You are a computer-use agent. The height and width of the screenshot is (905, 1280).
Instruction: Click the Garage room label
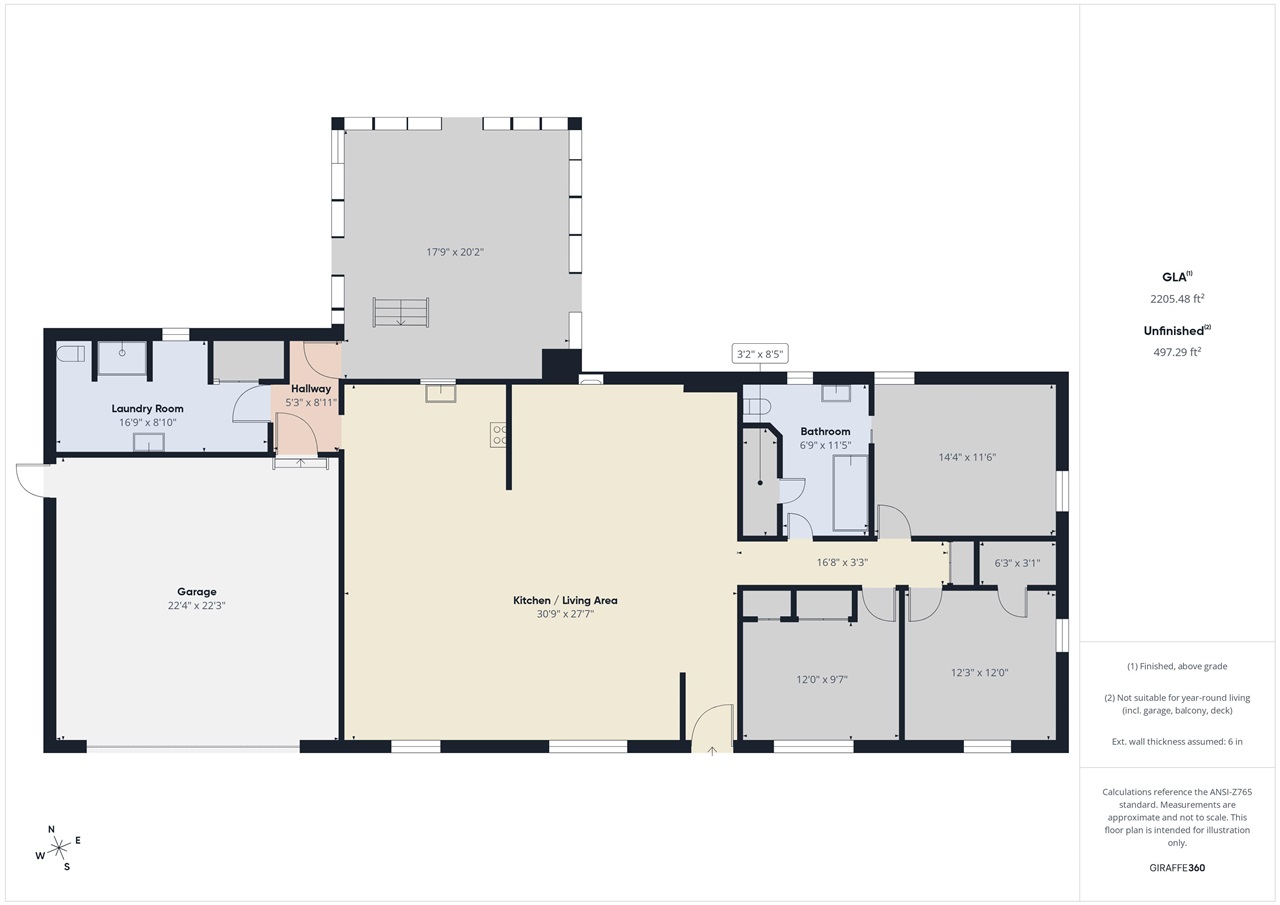click(197, 591)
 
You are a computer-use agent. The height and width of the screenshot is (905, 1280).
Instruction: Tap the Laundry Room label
click(147, 409)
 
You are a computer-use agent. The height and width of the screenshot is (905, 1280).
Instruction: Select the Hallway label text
click(311, 389)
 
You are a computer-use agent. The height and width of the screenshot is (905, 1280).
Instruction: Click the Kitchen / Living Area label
click(565, 600)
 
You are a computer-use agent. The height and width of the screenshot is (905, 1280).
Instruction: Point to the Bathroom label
click(825, 431)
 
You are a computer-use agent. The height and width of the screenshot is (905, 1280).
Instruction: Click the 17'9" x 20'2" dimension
click(455, 252)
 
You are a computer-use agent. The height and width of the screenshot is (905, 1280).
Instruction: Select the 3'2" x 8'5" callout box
click(760, 354)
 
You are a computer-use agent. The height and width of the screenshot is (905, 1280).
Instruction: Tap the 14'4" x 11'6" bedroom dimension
click(967, 457)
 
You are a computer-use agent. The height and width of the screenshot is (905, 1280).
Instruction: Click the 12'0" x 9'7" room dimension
click(822, 679)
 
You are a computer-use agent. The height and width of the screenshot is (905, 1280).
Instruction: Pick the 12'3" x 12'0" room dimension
click(979, 672)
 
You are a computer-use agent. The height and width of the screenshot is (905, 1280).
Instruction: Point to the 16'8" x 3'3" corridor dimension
click(842, 563)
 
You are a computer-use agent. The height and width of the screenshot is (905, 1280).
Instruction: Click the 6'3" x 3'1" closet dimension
click(1017, 563)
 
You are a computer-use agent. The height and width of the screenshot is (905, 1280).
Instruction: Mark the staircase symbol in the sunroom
click(401, 312)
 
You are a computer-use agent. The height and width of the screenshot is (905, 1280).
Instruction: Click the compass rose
click(58, 848)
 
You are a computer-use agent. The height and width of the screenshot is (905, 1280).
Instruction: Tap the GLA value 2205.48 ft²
click(1177, 298)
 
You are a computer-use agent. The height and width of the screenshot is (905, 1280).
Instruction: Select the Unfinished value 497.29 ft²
click(1177, 352)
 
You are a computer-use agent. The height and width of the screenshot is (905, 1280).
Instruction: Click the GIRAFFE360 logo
click(1177, 868)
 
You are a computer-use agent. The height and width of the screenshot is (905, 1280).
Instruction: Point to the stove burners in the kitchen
click(498, 434)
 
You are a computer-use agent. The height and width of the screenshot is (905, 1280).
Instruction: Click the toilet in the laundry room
click(70, 354)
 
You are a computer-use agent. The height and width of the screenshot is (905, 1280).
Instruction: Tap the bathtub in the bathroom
click(850, 493)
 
